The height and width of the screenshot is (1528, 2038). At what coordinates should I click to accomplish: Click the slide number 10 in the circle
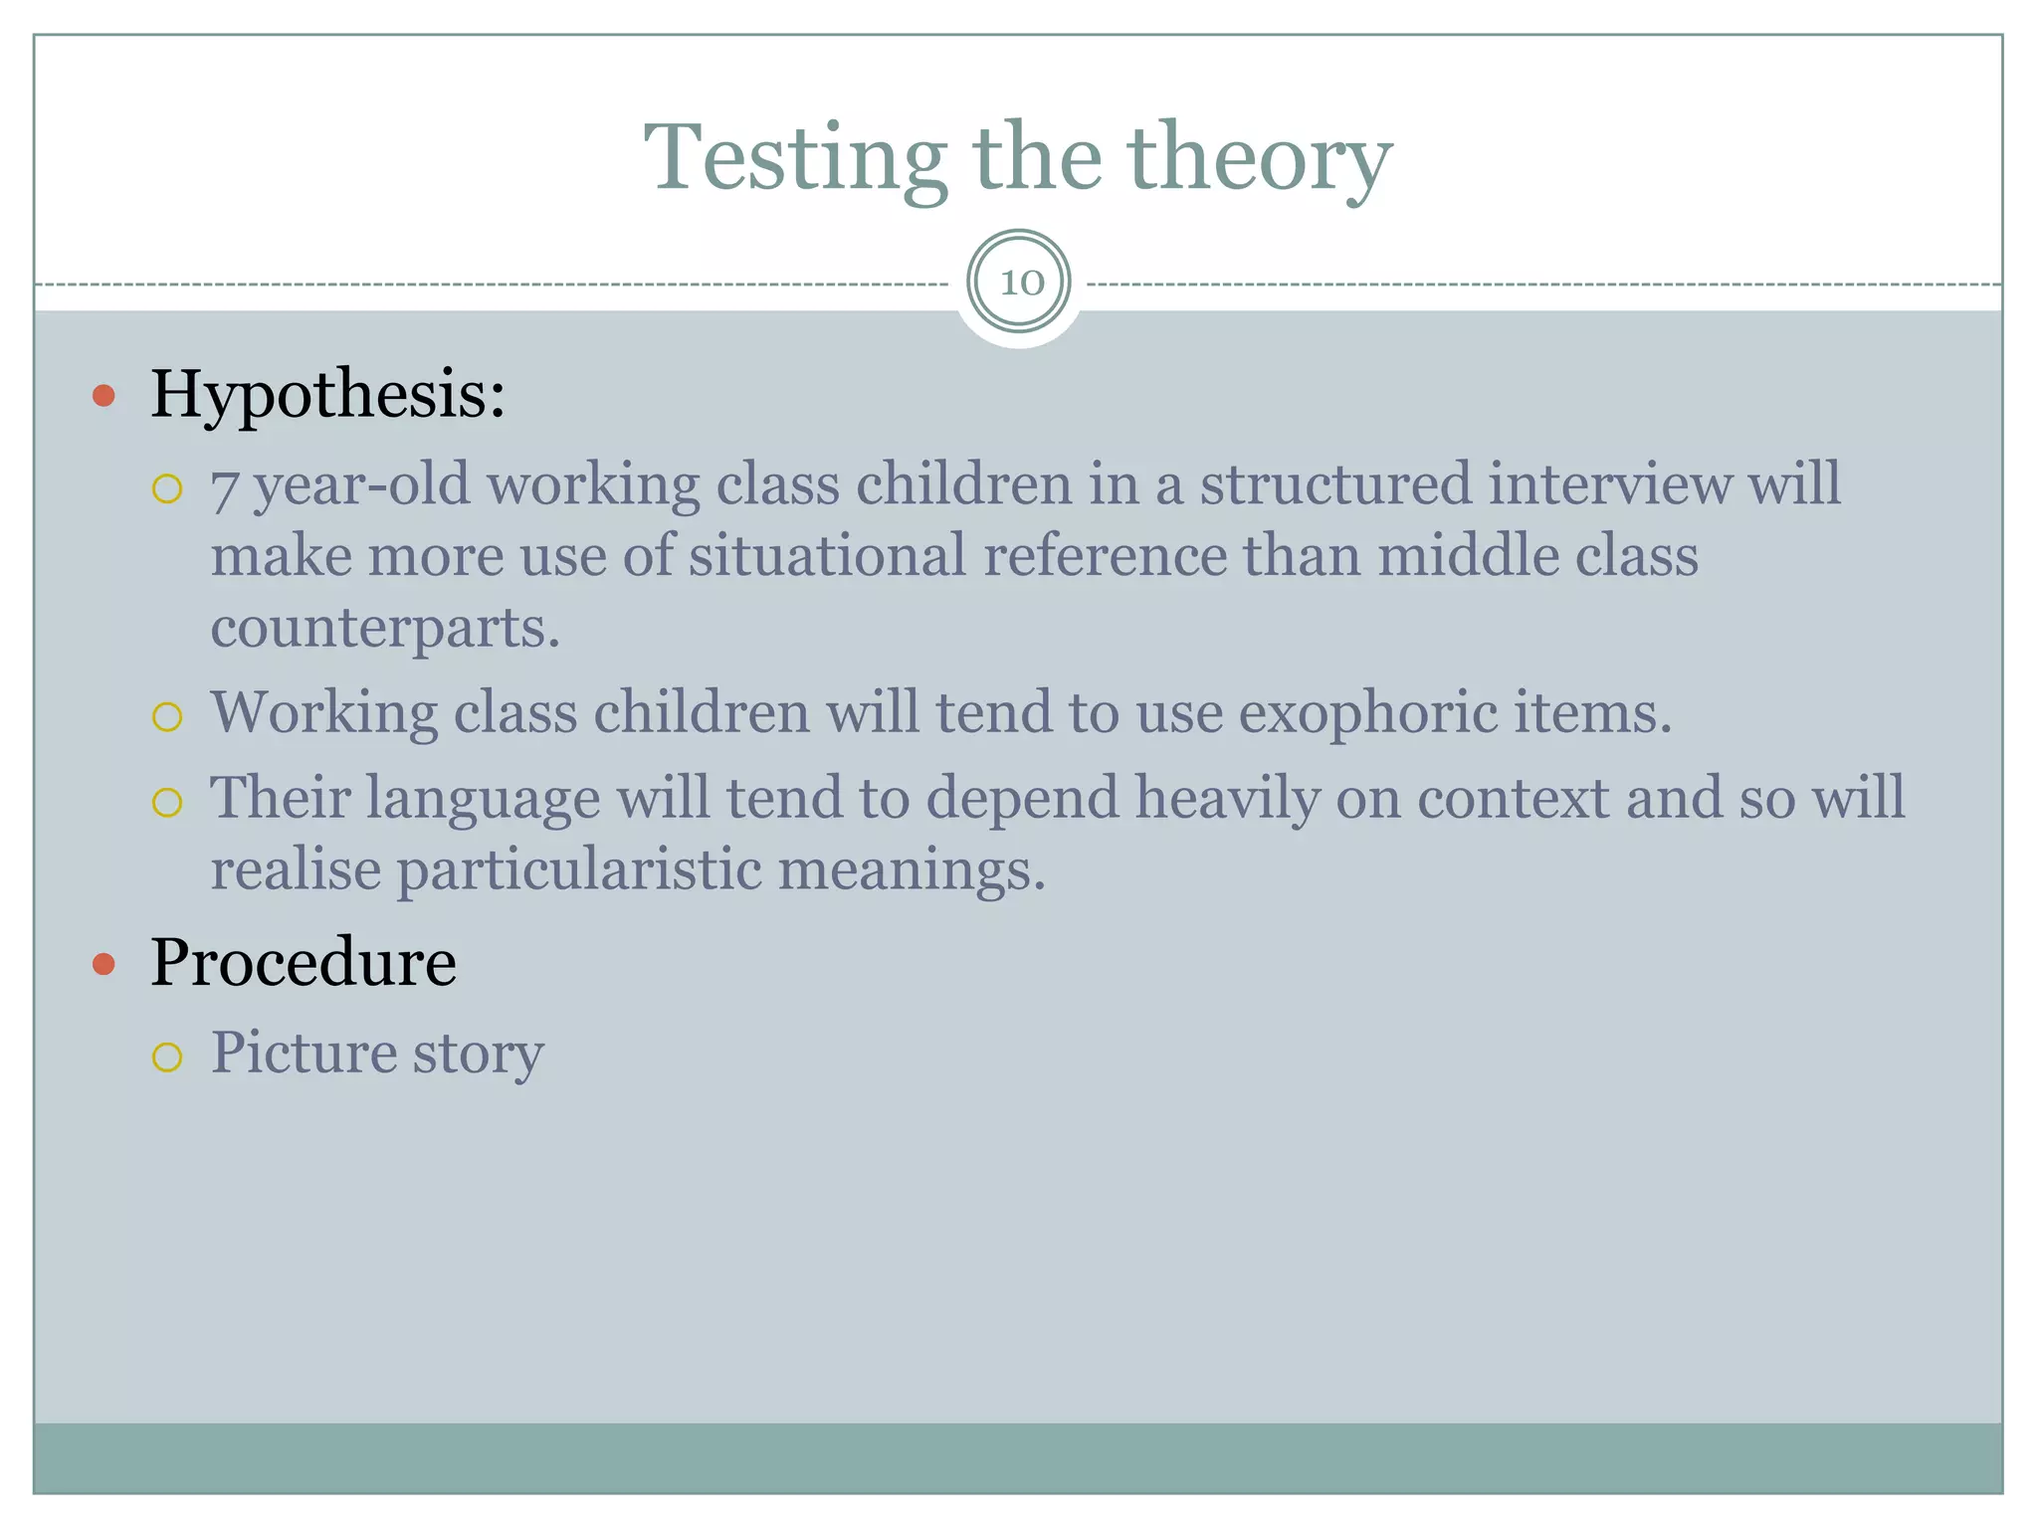click(x=1020, y=283)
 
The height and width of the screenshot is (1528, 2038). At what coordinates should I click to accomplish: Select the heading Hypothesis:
click(x=327, y=394)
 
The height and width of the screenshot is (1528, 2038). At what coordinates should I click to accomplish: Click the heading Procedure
click(x=304, y=962)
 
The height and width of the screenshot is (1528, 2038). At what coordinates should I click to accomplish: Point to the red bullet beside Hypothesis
click(x=103, y=397)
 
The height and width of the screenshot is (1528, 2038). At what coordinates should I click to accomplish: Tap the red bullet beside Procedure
click(x=103, y=964)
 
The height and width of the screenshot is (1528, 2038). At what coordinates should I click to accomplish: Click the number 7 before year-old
click(x=224, y=487)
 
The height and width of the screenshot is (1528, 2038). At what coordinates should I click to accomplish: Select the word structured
click(x=1335, y=484)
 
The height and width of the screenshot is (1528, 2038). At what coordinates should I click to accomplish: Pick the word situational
click(x=826, y=555)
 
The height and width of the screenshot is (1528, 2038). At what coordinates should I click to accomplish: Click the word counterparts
click(x=385, y=629)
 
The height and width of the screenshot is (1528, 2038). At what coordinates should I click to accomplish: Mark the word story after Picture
click(x=479, y=1054)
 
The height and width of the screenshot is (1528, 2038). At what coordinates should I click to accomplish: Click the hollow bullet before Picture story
click(x=167, y=1056)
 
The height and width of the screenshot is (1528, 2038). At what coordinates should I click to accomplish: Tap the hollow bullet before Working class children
click(x=167, y=716)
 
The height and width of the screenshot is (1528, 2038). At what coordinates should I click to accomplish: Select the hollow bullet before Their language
click(x=167, y=802)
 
